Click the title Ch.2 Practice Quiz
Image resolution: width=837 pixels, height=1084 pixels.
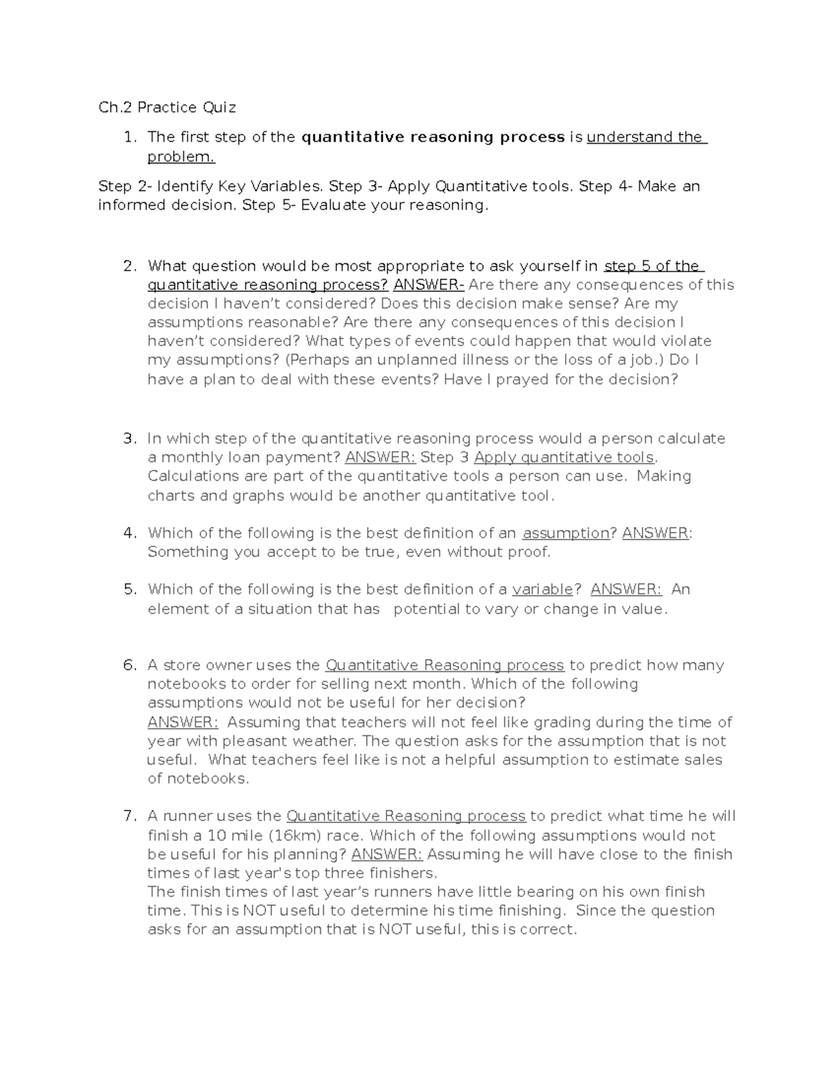167,107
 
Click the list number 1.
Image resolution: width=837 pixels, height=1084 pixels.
130,137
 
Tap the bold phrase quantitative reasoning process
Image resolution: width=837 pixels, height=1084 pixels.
432,137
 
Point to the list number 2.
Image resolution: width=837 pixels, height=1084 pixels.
130,266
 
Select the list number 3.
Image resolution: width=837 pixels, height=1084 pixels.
130,438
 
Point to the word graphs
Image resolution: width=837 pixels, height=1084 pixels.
259,496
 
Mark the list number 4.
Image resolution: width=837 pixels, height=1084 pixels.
130,533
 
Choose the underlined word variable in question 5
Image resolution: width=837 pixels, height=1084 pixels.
542,590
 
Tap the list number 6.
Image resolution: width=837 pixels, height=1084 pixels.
130,665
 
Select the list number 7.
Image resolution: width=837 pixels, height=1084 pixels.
130,816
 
